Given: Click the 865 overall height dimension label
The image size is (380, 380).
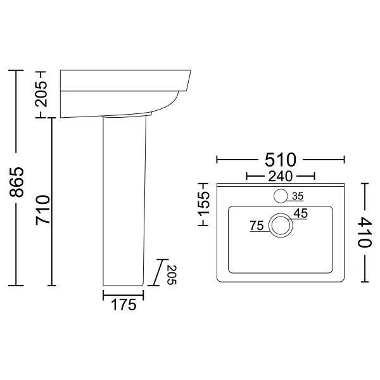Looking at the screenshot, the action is coord(16,182).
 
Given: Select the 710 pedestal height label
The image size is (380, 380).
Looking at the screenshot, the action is coord(42,210).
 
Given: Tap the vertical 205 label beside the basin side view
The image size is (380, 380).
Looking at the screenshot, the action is coord(41,94).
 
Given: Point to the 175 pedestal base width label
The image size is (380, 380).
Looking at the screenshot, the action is coord(123,305).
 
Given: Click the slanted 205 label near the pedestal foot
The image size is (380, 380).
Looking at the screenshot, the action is coord(172,275).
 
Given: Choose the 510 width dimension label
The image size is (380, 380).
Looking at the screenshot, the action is coord(281,160).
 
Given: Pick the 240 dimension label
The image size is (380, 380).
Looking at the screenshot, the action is coord(281,177).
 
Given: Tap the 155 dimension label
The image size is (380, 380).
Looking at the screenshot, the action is coord(203,204).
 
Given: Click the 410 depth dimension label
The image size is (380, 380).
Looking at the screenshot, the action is coord(365,232).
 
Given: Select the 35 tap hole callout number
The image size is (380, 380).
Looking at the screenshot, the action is coord(298,196).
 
